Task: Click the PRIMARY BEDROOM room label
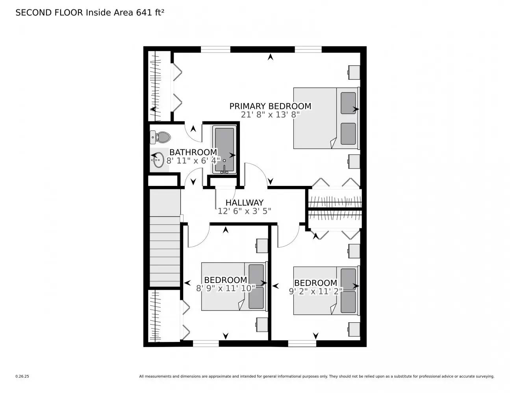(x=270, y=106)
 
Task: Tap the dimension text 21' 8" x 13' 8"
(x=270, y=115)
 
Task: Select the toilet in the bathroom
(x=161, y=137)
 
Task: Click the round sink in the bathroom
(x=158, y=160)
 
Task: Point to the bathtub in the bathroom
(x=224, y=149)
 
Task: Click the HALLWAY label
(x=244, y=203)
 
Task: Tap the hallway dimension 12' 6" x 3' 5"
(x=244, y=211)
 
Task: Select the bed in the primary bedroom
(x=326, y=118)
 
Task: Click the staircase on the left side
(x=165, y=252)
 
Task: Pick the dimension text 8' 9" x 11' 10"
(x=226, y=288)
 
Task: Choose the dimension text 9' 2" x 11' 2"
(x=316, y=291)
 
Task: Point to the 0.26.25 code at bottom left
(x=22, y=376)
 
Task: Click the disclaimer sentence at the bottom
(x=316, y=376)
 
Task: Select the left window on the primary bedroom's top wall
(x=215, y=49)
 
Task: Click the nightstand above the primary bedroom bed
(x=354, y=72)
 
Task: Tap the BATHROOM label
(x=193, y=152)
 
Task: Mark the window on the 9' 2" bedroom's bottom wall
(x=302, y=343)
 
